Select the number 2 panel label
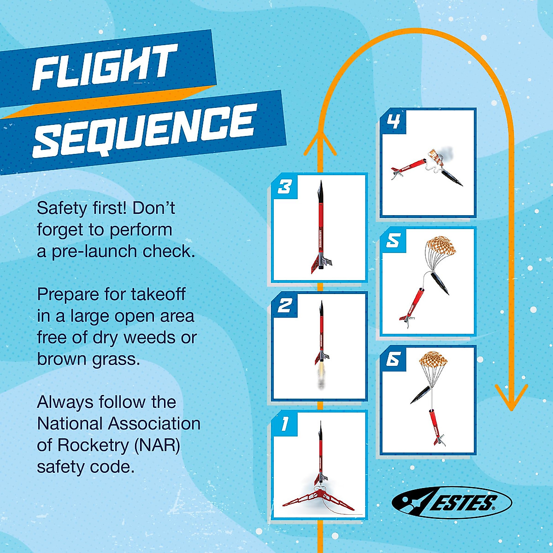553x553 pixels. (284, 305)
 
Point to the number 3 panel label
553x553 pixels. (284, 187)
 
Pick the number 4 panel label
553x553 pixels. (393, 122)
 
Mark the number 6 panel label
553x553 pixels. (393, 359)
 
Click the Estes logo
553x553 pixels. (452, 502)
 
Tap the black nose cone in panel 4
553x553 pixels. (452, 177)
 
